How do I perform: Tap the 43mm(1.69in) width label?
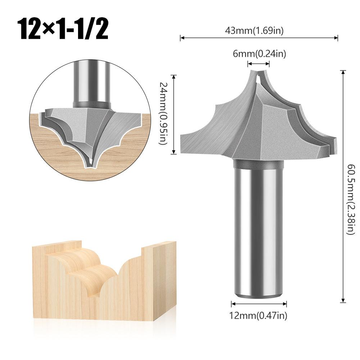[x=259, y=31]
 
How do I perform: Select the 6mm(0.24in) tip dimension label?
[x=259, y=54]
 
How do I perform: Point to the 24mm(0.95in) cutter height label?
[x=164, y=114]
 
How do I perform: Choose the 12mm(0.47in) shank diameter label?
[x=259, y=316]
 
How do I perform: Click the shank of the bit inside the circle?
[x=91, y=83]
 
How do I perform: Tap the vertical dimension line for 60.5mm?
[x=343, y=187]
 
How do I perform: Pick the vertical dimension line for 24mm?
[x=174, y=114]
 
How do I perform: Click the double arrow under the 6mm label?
[x=258, y=64]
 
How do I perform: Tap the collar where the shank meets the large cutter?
[x=258, y=164]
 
